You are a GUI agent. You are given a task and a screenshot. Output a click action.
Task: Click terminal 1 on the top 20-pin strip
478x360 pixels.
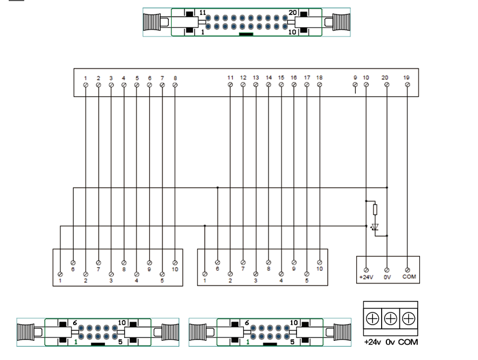pyautogui.click(x=85, y=85)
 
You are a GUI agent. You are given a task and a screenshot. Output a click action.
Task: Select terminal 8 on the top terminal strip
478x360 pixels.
pyautogui.click(x=175, y=85)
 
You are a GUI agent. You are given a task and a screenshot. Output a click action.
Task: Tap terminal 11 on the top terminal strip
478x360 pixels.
pyautogui.click(x=230, y=85)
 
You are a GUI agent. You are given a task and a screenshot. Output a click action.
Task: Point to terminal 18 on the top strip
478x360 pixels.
pyautogui.click(x=320, y=85)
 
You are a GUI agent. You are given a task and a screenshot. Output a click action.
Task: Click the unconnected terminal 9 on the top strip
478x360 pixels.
pyautogui.click(x=354, y=85)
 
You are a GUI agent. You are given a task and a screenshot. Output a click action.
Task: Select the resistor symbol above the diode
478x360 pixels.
pyautogui.click(x=375, y=210)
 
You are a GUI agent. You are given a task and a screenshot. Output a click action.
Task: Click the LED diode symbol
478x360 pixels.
pyautogui.click(x=375, y=227)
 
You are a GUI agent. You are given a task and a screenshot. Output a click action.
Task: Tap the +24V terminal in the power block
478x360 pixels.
pyautogui.click(x=366, y=270)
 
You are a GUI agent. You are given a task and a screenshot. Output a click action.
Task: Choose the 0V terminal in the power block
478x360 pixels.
pyautogui.click(x=386, y=270)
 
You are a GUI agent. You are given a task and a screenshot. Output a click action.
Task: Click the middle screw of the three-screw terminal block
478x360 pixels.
pyautogui.click(x=390, y=318)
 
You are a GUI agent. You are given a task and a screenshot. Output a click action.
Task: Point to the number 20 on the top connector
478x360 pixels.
pyautogui.click(x=292, y=12)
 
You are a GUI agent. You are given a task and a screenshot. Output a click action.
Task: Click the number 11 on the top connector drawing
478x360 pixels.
pyautogui.click(x=202, y=12)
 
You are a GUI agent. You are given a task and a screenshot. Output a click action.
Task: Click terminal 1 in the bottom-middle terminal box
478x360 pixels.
pyautogui.click(x=205, y=274)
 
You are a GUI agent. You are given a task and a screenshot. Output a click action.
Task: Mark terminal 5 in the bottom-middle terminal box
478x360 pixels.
pyautogui.click(x=307, y=274)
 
